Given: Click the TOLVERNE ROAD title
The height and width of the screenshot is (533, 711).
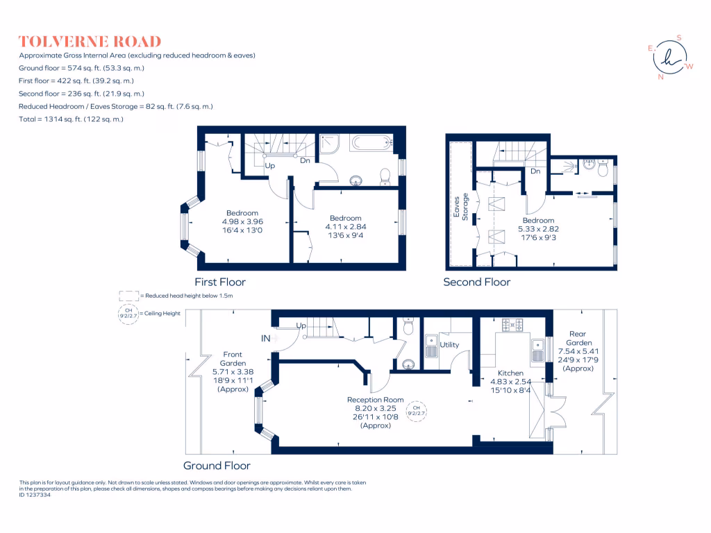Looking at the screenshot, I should tap(90, 42).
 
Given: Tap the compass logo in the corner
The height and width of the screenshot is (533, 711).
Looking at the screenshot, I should tap(670, 58).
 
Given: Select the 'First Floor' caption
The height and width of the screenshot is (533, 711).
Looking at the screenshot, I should tap(220, 282).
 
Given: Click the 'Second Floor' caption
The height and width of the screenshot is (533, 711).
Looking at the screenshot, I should tap(477, 282).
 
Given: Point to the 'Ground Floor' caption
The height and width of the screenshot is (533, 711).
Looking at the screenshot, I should tap(217, 466).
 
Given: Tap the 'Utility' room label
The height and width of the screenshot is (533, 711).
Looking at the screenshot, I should tap(449, 345).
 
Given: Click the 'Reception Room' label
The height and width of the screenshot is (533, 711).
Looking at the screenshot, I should tap(376, 400).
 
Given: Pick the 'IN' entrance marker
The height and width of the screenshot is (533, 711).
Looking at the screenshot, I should tap(266, 339).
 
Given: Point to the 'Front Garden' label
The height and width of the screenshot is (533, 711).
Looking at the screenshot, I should tap(233, 359).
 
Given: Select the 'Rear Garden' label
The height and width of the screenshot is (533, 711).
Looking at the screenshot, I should tap(578, 338).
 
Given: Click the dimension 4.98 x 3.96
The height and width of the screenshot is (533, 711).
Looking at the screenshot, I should tap(242, 222).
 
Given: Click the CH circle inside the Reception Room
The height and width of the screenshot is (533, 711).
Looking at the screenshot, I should tap(417, 409).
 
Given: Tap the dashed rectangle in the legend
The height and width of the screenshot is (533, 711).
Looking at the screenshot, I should tap(128, 295).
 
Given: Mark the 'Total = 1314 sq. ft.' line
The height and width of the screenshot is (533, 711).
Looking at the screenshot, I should tap(72, 119).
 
